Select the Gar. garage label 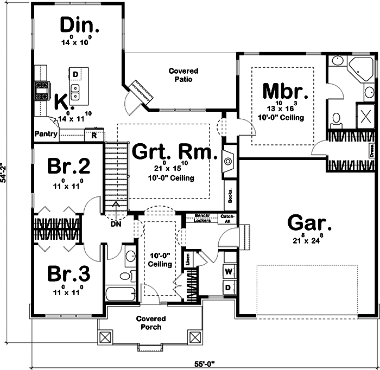(x=309, y=223)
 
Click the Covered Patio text (x=183, y=75)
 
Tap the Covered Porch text (x=150, y=323)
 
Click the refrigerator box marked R (x=94, y=135)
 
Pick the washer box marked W (x=229, y=271)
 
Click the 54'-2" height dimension (x=5, y=173)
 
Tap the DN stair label (x=115, y=222)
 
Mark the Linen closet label (x=188, y=259)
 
